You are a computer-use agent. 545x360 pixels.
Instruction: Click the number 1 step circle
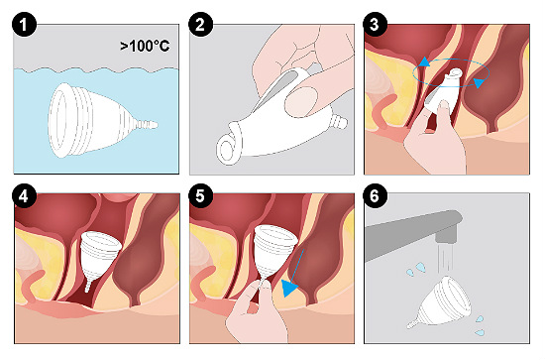[x=24, y=25]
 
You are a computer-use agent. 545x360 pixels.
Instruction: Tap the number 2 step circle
[x=200, y=25]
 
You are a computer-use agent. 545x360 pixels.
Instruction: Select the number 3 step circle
[x=375, y=25]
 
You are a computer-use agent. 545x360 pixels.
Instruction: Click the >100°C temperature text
[x=145, y=46]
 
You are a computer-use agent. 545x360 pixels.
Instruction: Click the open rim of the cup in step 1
[x=59, y=120]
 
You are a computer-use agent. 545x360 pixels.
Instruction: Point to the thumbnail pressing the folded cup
[x=301, y=101]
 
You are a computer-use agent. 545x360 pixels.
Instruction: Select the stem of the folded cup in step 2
[x=339, y=122]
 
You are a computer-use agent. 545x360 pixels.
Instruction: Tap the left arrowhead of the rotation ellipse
[x=423, y=62]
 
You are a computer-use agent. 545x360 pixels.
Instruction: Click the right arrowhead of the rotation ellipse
[x=480, y=83]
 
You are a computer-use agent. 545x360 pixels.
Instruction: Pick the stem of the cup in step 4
[x=88, y=286]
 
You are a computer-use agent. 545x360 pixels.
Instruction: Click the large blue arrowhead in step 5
[x=288, y=288]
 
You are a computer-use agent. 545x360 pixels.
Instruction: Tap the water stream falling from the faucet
[x=446, y=258]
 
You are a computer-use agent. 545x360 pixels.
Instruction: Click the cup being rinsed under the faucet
[x=442, y=301]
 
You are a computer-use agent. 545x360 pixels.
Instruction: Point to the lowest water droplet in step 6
[x=480, y=332]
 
